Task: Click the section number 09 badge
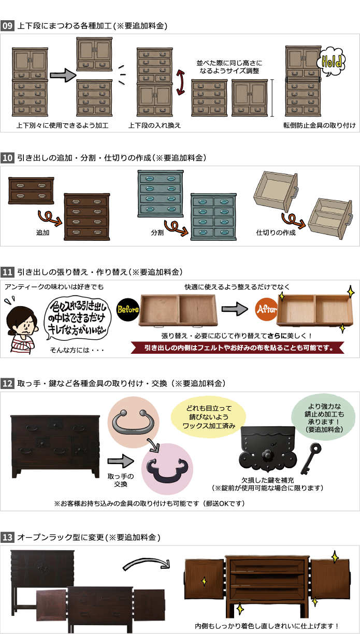[7, 26]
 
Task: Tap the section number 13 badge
[7, 537]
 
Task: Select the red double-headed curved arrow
[180, 82]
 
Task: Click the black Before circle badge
[128, 309]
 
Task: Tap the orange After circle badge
[266, 309]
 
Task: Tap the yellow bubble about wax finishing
[208, 417]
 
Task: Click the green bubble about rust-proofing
[324, 417]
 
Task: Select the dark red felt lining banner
[238, 348]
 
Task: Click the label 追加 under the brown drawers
[43, 233]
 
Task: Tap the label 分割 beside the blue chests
[157, 233]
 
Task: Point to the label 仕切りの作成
[276, 233]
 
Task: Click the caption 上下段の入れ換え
[154, 125]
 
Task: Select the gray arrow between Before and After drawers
[235, 309]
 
